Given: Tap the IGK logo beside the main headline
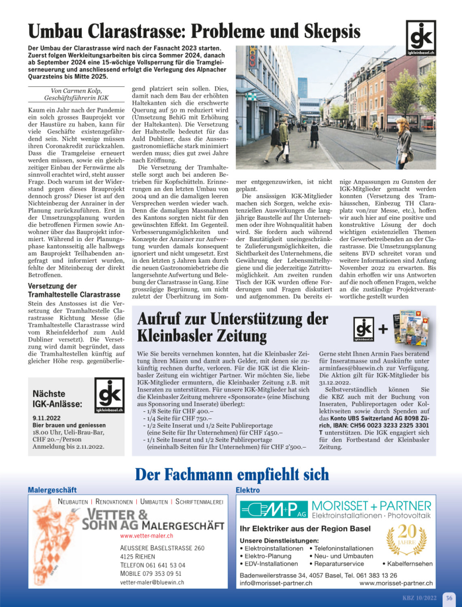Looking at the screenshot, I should coord(421,38).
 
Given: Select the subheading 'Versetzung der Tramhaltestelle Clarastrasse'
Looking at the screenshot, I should coord(74,290).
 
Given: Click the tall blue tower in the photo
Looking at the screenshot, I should coord(303,87).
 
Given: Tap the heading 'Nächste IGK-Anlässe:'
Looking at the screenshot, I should coord(57,399).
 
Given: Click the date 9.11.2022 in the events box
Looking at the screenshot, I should coord(47,418).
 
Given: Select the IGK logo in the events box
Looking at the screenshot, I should coord(109,395).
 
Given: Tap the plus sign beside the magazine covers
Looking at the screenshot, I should coord(382,329).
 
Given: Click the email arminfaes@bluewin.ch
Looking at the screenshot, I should coord(351,368).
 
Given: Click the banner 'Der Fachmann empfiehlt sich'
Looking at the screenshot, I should coord(232,474).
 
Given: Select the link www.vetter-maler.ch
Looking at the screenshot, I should coord(146,535).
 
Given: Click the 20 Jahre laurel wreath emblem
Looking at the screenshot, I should coord(406,539).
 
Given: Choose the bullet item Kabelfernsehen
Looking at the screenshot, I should coord(409,564).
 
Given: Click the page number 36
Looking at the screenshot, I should coord(449,598).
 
